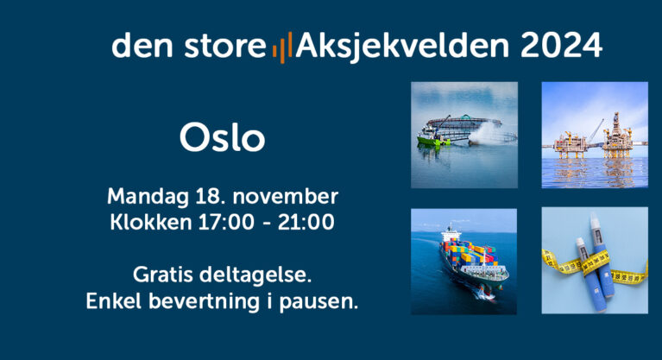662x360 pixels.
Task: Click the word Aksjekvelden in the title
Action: (x=403, y=47)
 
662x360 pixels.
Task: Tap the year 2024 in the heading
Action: (x=561, y=45)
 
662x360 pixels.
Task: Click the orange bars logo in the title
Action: (x=282, y=47)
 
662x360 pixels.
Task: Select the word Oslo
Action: (x=223, y=137)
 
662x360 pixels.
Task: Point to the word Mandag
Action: (x=148, y=198)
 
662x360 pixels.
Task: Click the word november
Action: (x=286, y=197)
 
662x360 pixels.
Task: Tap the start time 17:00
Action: (x=226, y=222)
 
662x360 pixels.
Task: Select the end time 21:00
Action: (x=306, y=222)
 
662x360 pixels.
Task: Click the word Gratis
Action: (x=163, y=275)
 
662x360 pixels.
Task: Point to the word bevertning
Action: (x=204, y=302)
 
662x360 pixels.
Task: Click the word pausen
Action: (x=318, y=302)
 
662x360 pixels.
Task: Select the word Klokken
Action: (x=151, y=222)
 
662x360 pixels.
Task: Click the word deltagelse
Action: (x=255, y=275)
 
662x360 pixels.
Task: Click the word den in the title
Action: (x=142, y=45)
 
